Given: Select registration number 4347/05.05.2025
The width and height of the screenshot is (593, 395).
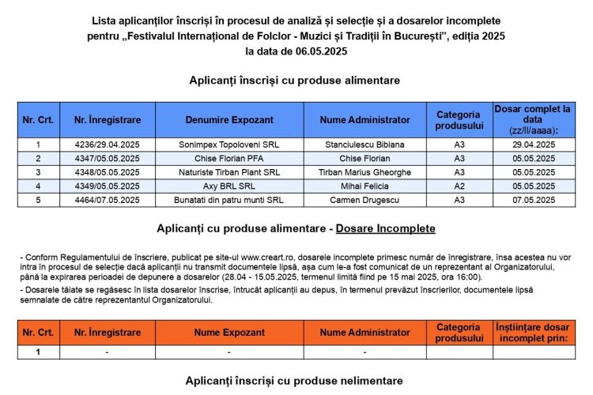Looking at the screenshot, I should (x=107, y=158).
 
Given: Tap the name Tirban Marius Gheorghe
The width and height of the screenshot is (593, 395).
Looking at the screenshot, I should (x=364, y=172).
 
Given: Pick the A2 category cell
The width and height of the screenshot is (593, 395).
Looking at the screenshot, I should (x=459, y=186).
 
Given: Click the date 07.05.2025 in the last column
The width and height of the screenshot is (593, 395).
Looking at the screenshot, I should (x=533, y=200).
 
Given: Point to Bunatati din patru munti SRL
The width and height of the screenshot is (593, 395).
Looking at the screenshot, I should (x=229, y=200).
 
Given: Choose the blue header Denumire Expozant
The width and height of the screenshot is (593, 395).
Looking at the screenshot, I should (x=229, y=120).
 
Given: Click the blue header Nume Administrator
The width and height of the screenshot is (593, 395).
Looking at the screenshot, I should (x=364, y=120).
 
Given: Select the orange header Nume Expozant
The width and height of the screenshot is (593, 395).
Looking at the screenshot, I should (x=229, y=333).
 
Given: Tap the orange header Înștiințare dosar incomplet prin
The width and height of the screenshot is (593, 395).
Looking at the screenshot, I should (x=533, y=333).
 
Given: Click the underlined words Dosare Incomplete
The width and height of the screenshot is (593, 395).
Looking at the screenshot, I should (x=385, y=228).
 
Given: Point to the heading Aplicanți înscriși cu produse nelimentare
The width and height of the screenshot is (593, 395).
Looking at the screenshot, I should (x=294, y=381).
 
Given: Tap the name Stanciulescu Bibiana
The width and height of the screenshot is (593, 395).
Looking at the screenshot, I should (x=364, y=145).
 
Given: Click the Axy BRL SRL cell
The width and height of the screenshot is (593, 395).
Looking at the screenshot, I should (x=229, y=186).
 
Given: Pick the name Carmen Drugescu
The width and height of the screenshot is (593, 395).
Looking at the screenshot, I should (x=364, y=200).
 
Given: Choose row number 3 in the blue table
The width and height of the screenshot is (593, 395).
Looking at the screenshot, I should (x=38, y=172).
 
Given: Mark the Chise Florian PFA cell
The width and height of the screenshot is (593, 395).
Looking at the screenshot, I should (x=229, y=158).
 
